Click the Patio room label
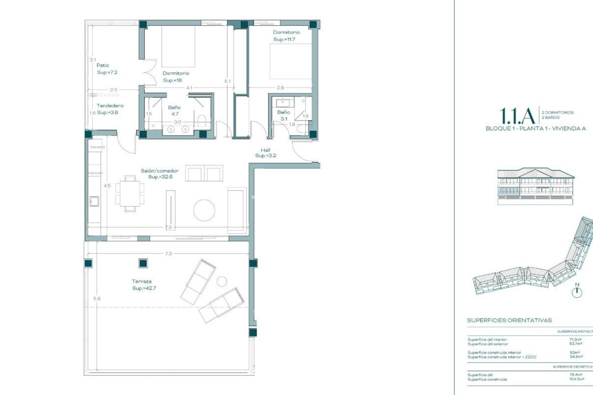[103, 65]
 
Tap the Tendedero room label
[110, 106]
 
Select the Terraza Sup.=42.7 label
[144, 285]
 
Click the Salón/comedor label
[160, 171]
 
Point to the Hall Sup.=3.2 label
[265, 153]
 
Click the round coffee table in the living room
[204, 210]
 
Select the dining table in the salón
[130, 193]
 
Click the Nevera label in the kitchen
[97, 147]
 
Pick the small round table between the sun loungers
[221, 281]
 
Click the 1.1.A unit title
[517, 116]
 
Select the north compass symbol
[577, 292]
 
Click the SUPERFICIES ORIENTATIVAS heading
[509, 320]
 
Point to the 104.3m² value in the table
[576, 379]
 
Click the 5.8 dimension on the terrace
[97, 298]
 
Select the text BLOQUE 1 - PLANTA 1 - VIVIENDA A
[536, 128]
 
